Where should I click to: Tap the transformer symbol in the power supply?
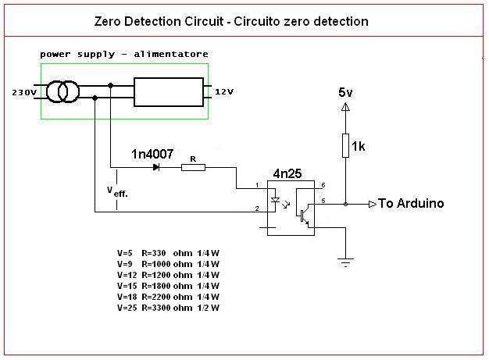[63, 92]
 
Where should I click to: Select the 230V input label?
[23, 92]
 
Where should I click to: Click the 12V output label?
[224, 92]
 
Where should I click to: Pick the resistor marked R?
[193, 166]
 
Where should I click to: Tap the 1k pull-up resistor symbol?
[344, 145]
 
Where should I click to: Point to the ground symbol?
[344, 262]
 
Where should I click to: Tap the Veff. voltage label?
[117, 191]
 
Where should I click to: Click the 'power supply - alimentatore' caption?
[123, 54]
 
